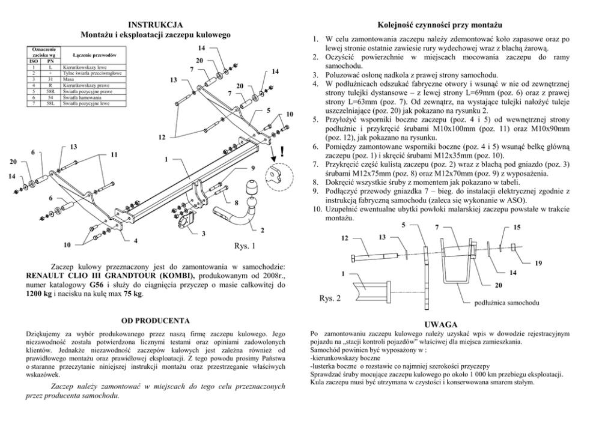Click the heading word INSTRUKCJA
156,25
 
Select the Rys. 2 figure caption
330,297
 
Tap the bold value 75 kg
132,294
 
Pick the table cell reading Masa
68,80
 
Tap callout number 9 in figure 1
253,167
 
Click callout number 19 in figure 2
539,262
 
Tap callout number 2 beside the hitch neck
262,229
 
